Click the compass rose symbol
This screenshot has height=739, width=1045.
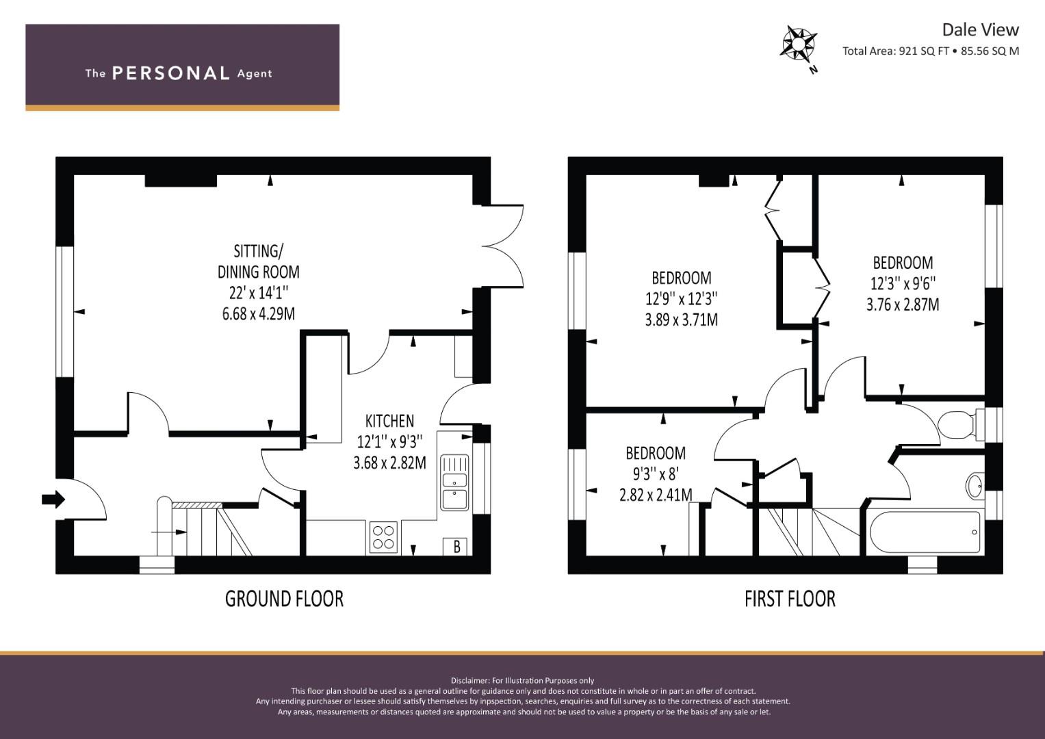click(798, 44)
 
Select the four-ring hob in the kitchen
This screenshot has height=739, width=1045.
click(383, 537)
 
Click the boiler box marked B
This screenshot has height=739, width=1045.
click(456, 546)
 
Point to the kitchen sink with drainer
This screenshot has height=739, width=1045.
click(454, 482)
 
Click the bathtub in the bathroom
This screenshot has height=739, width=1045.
click(925, 532)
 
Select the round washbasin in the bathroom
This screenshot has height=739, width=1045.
click(975, 486)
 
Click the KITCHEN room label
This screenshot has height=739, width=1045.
click(389, 421)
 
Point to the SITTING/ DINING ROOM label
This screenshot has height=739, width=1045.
click(259, 261)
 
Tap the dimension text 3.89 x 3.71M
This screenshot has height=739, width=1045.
click(681, 320)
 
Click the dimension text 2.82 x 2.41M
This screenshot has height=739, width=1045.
click(656, 495)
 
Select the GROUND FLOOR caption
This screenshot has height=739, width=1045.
click(284, 599)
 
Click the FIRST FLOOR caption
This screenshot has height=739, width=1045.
click(790, 599)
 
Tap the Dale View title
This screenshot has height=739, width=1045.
click(980, 30)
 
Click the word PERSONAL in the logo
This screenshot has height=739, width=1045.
click(171, 73)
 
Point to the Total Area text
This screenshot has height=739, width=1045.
click(931, 51)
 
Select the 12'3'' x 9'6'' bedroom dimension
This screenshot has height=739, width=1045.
click(903, 283)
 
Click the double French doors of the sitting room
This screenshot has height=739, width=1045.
click(503, 246)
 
